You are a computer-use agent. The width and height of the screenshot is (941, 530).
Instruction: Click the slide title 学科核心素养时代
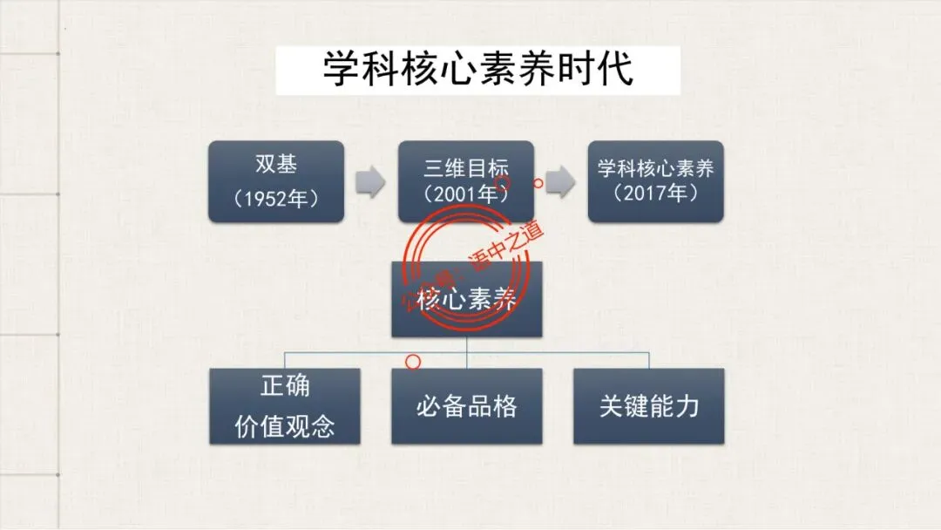pyautogui.click(x=477, y=71)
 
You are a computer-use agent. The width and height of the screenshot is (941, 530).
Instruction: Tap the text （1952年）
pyautogui.click(x=275, y=197)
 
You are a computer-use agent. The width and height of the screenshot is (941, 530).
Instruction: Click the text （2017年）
pyautogui.click(x=655, y=194)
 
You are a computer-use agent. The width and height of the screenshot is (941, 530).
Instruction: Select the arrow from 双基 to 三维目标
pyautogui.click(x=371, y=182)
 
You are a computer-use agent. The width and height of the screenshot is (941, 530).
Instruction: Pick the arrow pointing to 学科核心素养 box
pyautogui.click(x=561, y=182)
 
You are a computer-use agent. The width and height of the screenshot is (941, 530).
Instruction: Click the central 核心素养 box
pyautogui.click(x=466, y=301)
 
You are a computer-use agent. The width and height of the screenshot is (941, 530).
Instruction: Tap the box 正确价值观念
pyautogui.click(x=285, y=406)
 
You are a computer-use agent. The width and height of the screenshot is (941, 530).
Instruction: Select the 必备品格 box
pyautogui.click(x=466, y=406)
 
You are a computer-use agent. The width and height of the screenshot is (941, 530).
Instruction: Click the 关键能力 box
pyautogui.click(x=648, y=406)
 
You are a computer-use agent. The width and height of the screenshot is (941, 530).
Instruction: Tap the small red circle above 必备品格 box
pyautogui.click(x=414, y=359)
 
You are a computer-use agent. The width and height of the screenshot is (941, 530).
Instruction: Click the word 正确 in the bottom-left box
pyautogui.click(x=285, y=385)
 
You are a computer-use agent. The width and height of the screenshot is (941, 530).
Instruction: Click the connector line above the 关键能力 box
pyautogui.click(x=649, y=360)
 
